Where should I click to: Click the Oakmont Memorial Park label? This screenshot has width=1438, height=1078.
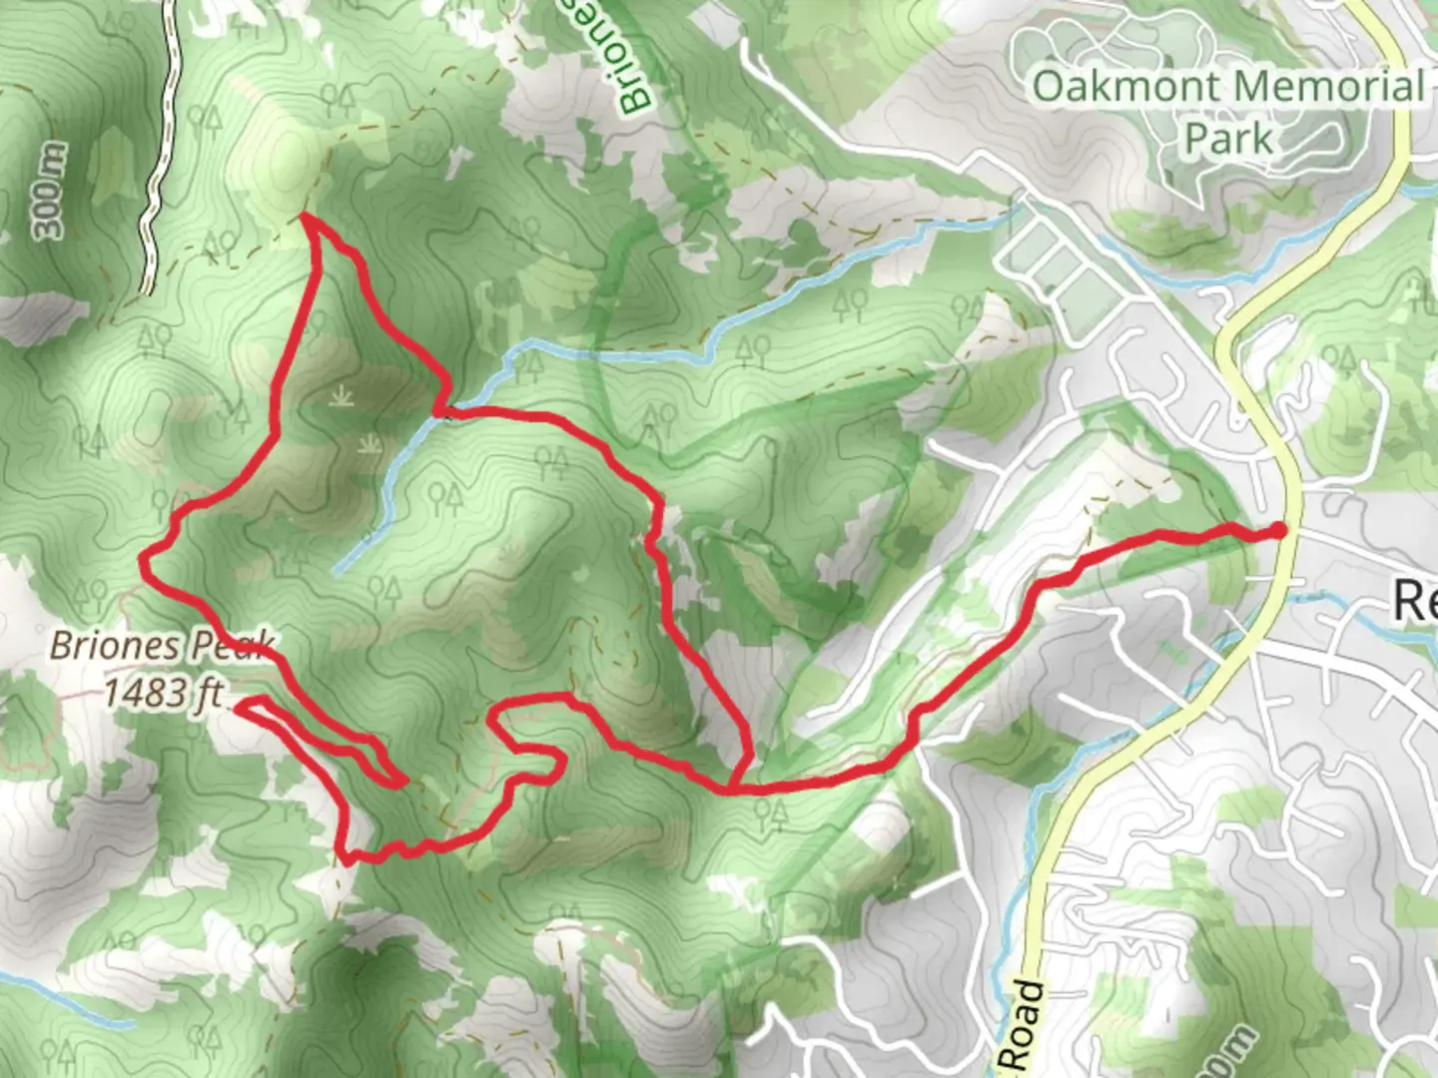(x=1228, y=110)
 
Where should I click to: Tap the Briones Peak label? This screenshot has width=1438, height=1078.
(x=160, y=647)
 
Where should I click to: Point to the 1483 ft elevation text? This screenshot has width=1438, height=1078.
(x=164, y=692)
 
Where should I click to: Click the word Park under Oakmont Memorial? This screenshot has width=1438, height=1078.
(x=1228, y=139)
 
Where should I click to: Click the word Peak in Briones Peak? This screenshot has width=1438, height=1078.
(x=232, y=647)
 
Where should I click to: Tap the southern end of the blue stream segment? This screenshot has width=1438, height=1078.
(x=339, y=570)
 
